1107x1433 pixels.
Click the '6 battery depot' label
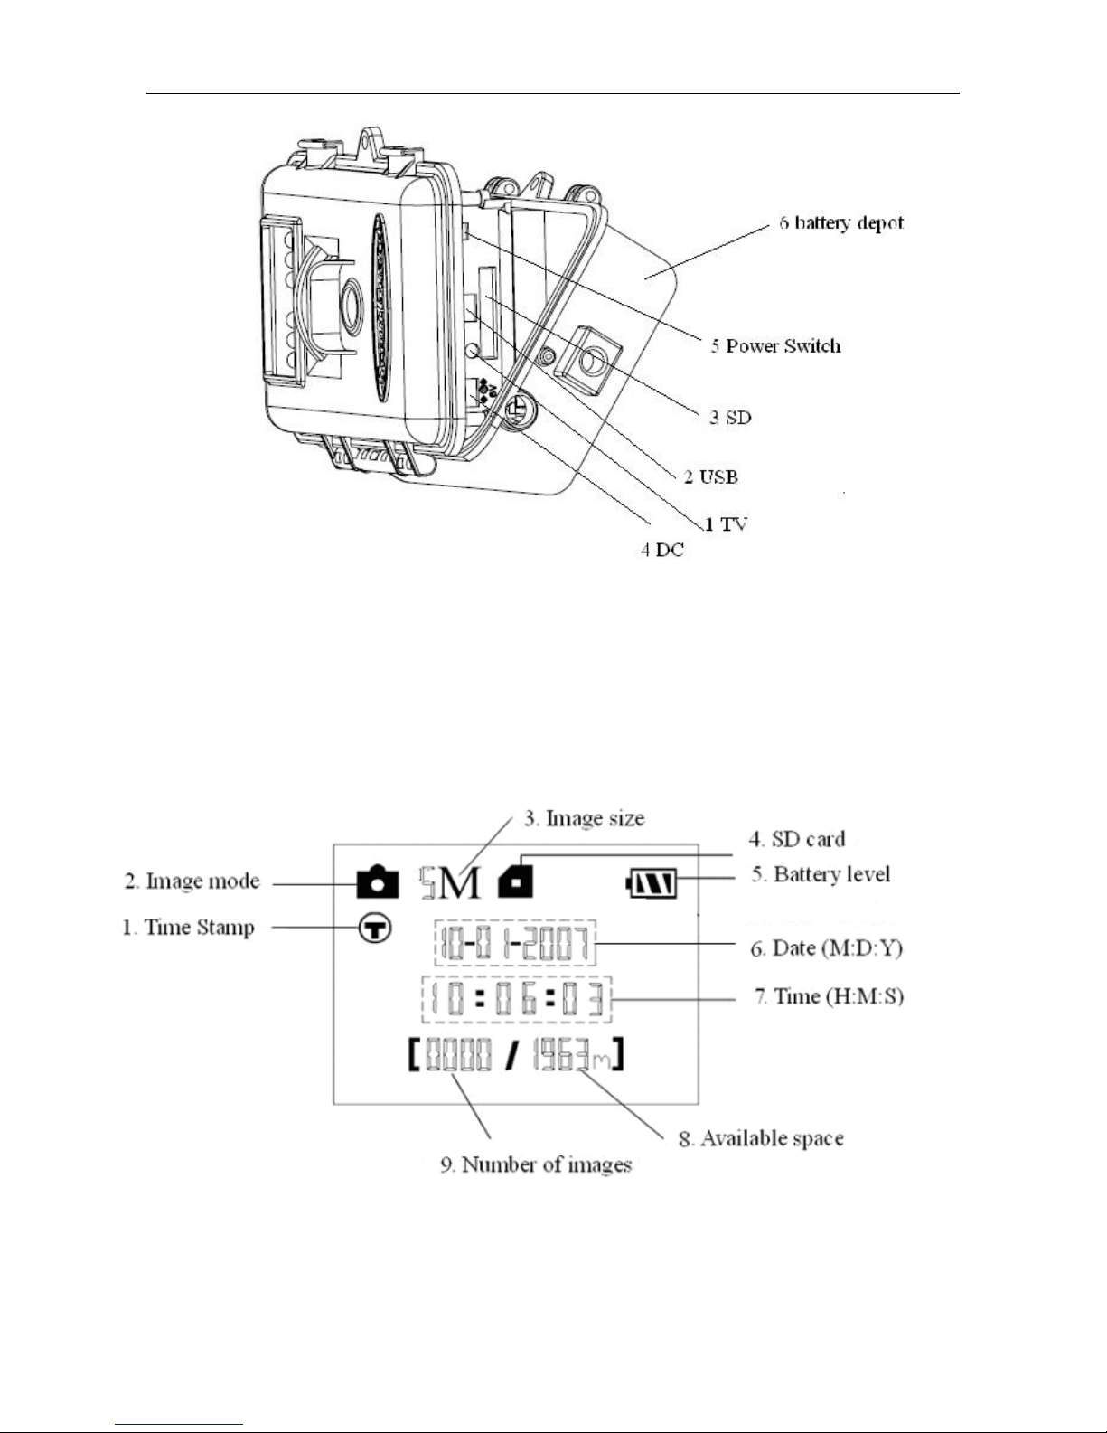tap(840, 223)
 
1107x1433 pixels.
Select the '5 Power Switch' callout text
tap(775, 345)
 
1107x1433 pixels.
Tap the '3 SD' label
tap(730, 417)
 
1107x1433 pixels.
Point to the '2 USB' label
tap(710, 476)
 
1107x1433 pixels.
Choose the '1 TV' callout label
tap(727, 524)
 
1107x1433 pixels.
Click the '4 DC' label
tap(662, 550)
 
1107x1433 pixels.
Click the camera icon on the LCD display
tap(378, 881)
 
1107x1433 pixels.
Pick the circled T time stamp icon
tap(375, 929)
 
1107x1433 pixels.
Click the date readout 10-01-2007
tap(514, 943)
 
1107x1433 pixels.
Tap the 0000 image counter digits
tap(459, 1054)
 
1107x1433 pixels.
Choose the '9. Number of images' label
tap(536, 1164)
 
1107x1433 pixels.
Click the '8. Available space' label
tap(761, 1138)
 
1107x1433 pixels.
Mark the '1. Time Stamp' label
tap(189, 928)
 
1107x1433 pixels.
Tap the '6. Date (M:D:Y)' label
tap(826, 948)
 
